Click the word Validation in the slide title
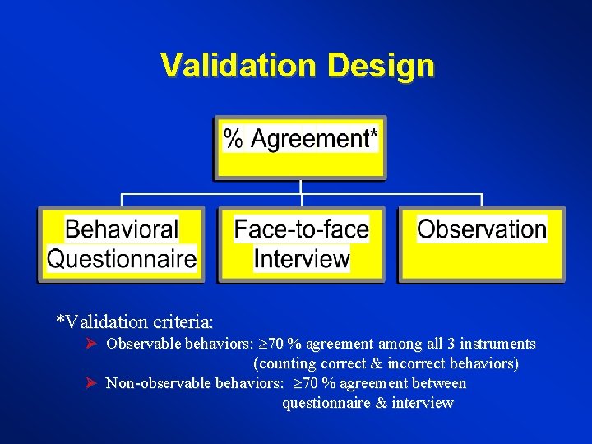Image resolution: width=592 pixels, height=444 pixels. tap(240, 65)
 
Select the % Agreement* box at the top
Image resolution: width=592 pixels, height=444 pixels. tap(300, 148)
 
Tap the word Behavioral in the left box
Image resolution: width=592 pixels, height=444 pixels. tap(122, 229)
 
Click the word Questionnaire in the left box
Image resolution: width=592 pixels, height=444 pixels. tap(122, 259)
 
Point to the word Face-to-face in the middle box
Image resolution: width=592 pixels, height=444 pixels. tap(302, 229)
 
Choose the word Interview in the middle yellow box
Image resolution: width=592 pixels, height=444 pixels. tap(302, 259)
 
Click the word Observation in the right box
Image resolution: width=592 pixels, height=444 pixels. tap(482, 229)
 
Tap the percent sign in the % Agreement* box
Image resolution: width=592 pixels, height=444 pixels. tap(234, 139)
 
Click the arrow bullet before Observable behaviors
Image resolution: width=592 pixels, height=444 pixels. tap(92, 344)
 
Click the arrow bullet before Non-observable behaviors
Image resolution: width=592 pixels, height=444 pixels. tap(92, 383)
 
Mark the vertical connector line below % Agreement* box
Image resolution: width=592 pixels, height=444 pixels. tap(302, 187)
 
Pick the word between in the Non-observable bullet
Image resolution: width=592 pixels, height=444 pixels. tap(440, 383)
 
